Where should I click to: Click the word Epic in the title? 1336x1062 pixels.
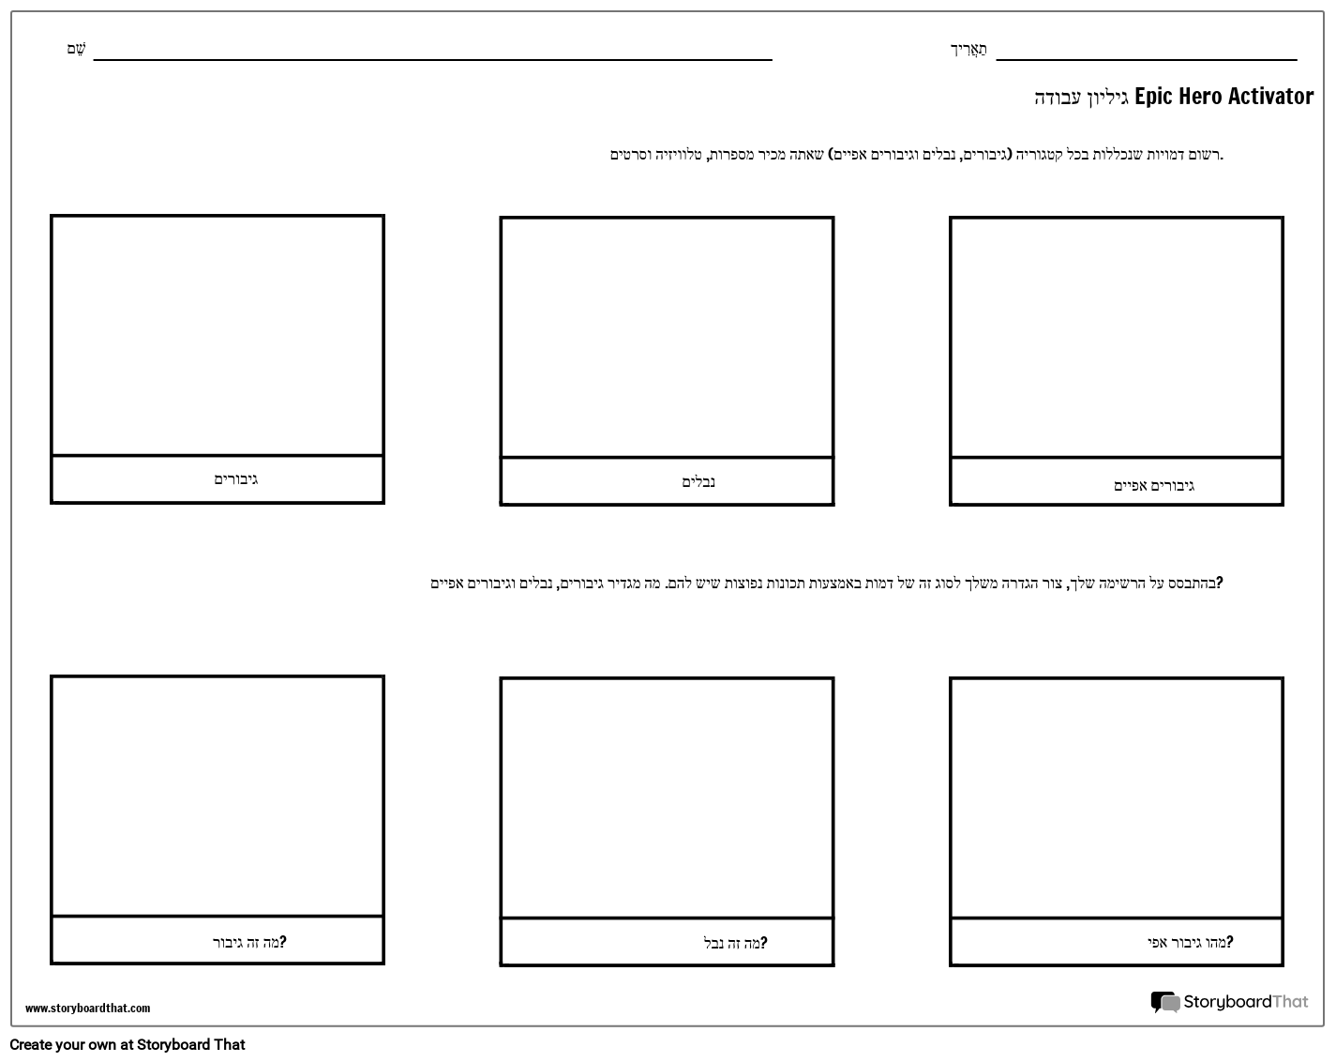click(x=1153, y=97)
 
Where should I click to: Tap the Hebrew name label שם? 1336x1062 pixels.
click(x=76, y=49)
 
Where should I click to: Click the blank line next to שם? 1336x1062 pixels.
click(x=432, y=56)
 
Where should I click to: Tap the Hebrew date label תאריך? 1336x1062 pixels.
click(x=968, y=49)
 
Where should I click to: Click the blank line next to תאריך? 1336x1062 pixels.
click(x=1146, y=56)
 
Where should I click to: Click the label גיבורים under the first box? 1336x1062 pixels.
click(x=235, y=479)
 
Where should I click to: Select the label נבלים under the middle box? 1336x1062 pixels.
click(x=698, y=482)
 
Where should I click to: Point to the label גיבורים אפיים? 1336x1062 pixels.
click(x=1153, y=486)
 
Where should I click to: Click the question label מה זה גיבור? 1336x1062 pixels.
click(x=248, y=942)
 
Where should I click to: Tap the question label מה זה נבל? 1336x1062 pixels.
click(x=735, y=943)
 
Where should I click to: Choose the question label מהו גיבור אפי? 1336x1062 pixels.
click(x=1190, y=942)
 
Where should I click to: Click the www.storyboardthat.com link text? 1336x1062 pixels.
click(x=87, y=1009)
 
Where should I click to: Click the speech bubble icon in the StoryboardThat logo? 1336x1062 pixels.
click(x=1164, y=1003)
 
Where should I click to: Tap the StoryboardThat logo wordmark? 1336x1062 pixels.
click(x=1245, y=1002)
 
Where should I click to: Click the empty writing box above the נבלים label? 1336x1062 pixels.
click(x=667, y=338)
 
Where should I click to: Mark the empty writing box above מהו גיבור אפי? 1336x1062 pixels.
click(x=1116, y=797)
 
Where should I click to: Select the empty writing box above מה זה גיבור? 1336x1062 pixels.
click(x=218, y=796)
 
